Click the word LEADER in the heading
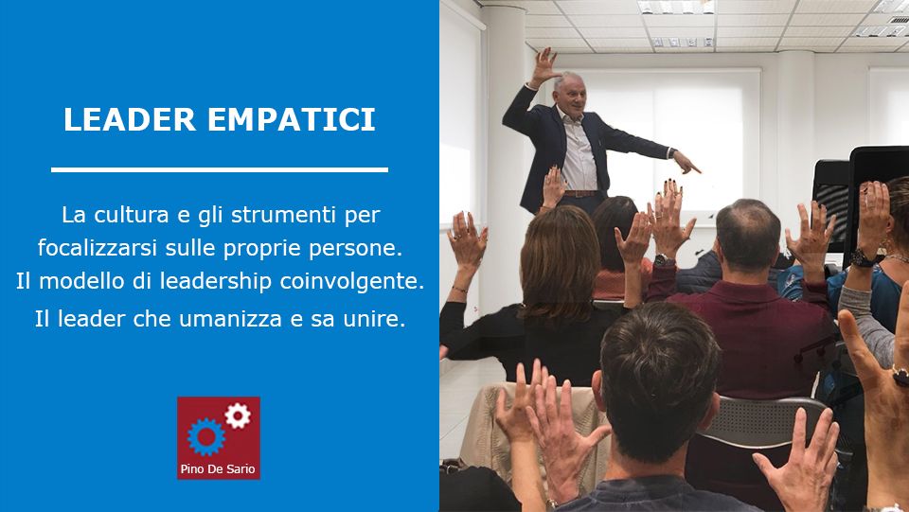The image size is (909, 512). pos(130,119)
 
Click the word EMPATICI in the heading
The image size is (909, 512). pos(292,119)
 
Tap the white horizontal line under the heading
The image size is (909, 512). pos(220,169)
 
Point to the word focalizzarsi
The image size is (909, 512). pos(98,248)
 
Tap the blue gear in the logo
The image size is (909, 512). pos(205,436)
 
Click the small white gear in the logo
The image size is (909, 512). pos(238,415)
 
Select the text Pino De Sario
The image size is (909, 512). pos(218,469)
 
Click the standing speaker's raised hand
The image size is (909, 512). pos(545,66)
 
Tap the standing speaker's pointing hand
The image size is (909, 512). pos(686,162)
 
